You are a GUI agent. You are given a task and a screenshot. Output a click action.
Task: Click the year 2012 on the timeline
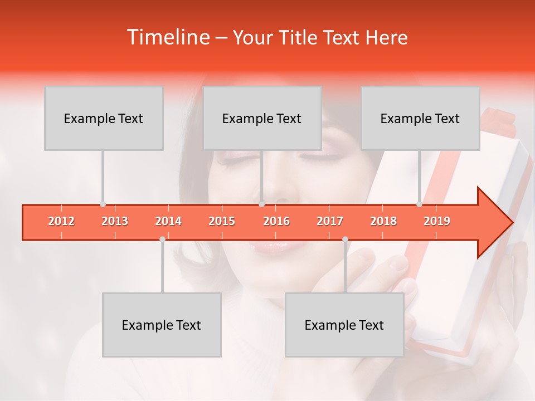click(61, 221)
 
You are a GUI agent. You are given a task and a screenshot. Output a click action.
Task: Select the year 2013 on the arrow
click(115, 221)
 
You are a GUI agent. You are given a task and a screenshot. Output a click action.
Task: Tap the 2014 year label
click(168, 221)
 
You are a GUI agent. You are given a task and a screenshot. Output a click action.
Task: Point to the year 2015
click(222, 221)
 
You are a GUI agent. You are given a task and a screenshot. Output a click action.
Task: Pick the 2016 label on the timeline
click(276, 221)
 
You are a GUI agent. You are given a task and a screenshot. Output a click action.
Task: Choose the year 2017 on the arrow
click(330, 221)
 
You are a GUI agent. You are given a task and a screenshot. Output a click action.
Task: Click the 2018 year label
click(383, 221)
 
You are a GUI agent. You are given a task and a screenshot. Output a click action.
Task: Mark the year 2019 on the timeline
click(437, 221)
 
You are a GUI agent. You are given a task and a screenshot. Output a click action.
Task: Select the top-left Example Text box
click(104, 118)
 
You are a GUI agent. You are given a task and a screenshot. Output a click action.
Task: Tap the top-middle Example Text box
click(262, 118)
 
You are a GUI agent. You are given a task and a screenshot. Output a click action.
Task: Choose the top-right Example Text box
click(420, 118)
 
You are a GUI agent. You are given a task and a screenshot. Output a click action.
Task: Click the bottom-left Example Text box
click(162, 325)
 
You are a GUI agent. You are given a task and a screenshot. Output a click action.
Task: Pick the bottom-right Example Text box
click(344, 325)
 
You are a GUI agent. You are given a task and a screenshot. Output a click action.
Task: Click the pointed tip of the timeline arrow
click(511, 223)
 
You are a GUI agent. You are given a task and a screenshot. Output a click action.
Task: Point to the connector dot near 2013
click(103, 204)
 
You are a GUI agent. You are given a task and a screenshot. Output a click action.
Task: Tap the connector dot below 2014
click(162, 239)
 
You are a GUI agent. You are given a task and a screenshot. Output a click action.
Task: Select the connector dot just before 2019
click(420, 204)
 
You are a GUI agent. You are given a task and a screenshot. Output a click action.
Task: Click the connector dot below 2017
click(345, 239)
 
